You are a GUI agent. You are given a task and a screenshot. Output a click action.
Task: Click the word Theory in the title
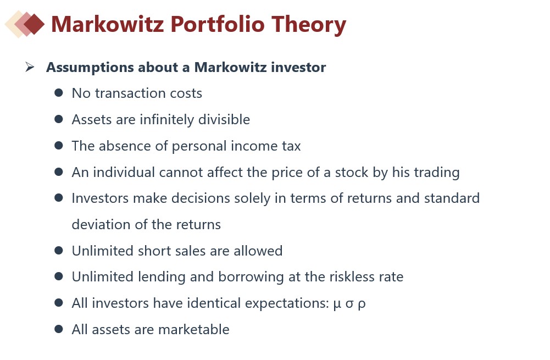tap(309, 25)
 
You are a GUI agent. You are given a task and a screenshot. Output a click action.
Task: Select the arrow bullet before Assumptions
tap(30, 67)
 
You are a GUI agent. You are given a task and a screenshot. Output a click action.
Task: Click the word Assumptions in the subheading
tap(90, 68)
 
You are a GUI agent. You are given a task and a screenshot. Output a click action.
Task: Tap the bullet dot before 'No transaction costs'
tap(59, 93)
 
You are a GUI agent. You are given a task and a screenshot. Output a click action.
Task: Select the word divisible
tap(224, 120)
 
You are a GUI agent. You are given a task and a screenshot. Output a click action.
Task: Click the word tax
tap(291, 146)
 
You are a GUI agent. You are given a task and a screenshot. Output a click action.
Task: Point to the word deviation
tap(98, 225)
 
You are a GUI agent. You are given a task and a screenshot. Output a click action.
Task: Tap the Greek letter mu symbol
tap(337, 304)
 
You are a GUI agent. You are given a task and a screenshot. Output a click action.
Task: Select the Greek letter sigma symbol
tap(349, 303)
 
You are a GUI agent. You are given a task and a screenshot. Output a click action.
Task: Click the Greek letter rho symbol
tap(362, 304)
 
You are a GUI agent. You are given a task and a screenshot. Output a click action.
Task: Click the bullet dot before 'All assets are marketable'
tap(59, 329)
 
